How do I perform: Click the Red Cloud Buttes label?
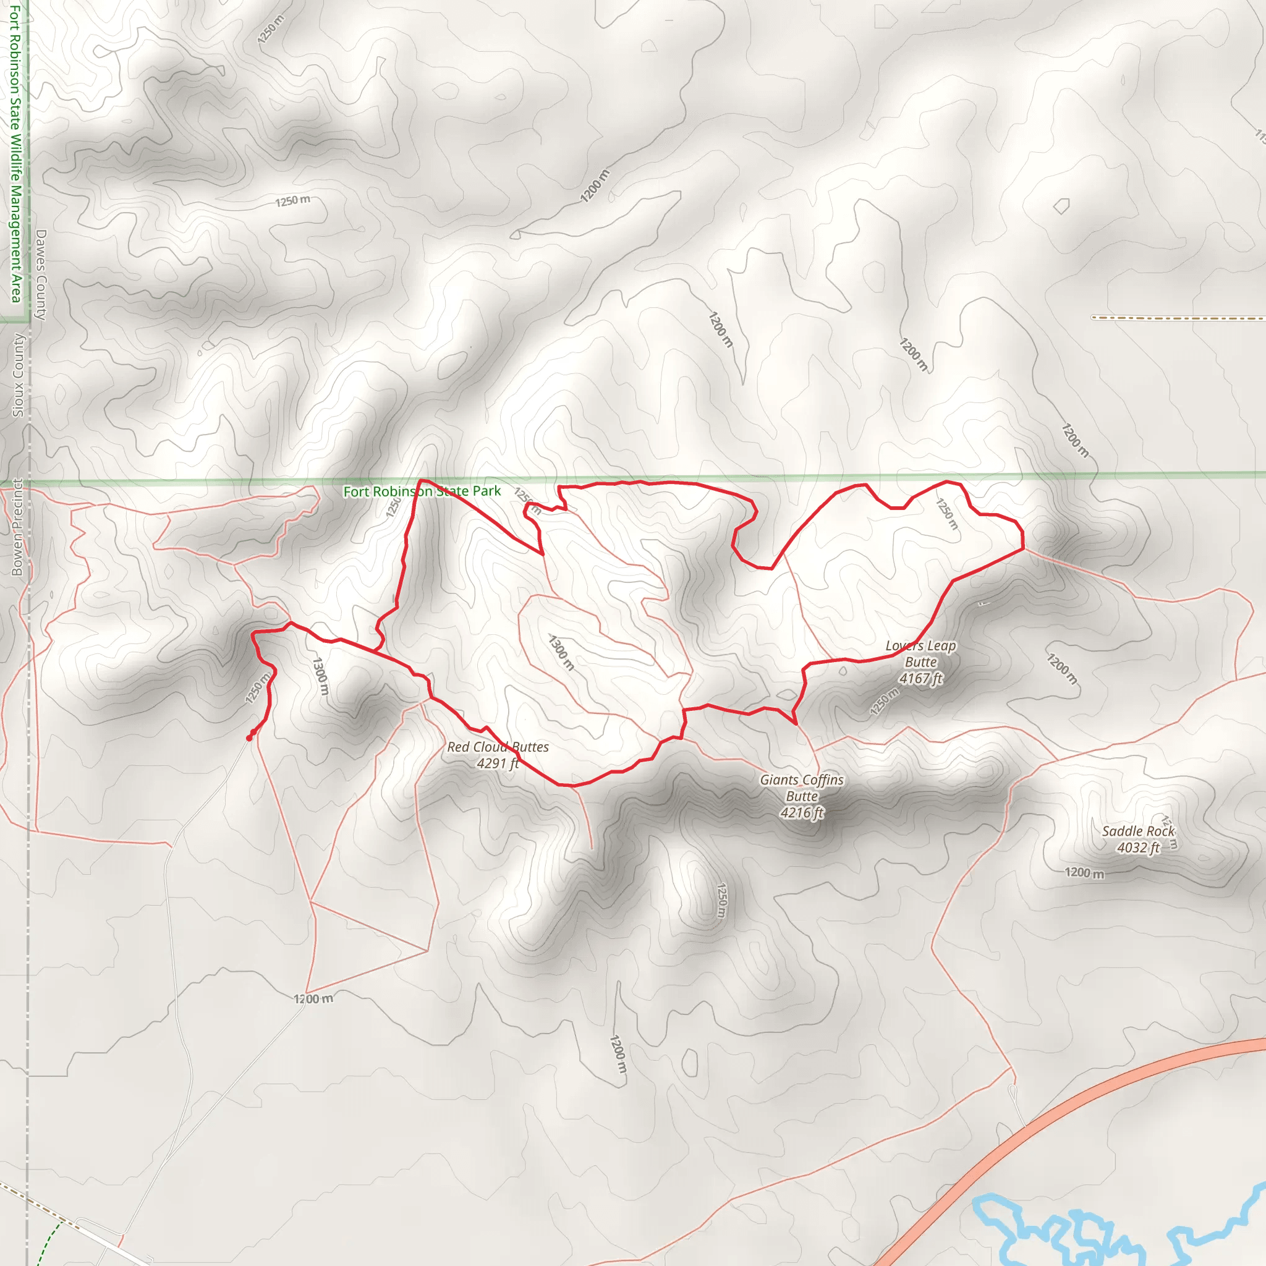tap(498, 747)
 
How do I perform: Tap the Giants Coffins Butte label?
tap(801, 788)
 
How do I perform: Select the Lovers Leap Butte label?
tap(920, 654)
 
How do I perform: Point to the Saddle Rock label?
tap(1138, 831)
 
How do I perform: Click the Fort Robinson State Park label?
tap(422, 491)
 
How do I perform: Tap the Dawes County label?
tap(41, 274)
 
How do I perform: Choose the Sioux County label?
tap(19, 375)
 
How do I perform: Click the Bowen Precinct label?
tap(17, 527)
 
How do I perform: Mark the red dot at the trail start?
tap(249, 738)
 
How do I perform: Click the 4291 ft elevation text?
tap(498, 763)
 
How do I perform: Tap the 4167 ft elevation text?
tap(920, 679)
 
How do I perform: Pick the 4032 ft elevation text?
tap(1138, 848)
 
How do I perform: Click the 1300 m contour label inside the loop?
tap(561, 653)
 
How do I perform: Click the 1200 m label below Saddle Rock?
tap(1084, 873)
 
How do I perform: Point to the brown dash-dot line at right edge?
tap(1179, 318)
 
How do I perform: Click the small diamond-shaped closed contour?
tap(1061, 206)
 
